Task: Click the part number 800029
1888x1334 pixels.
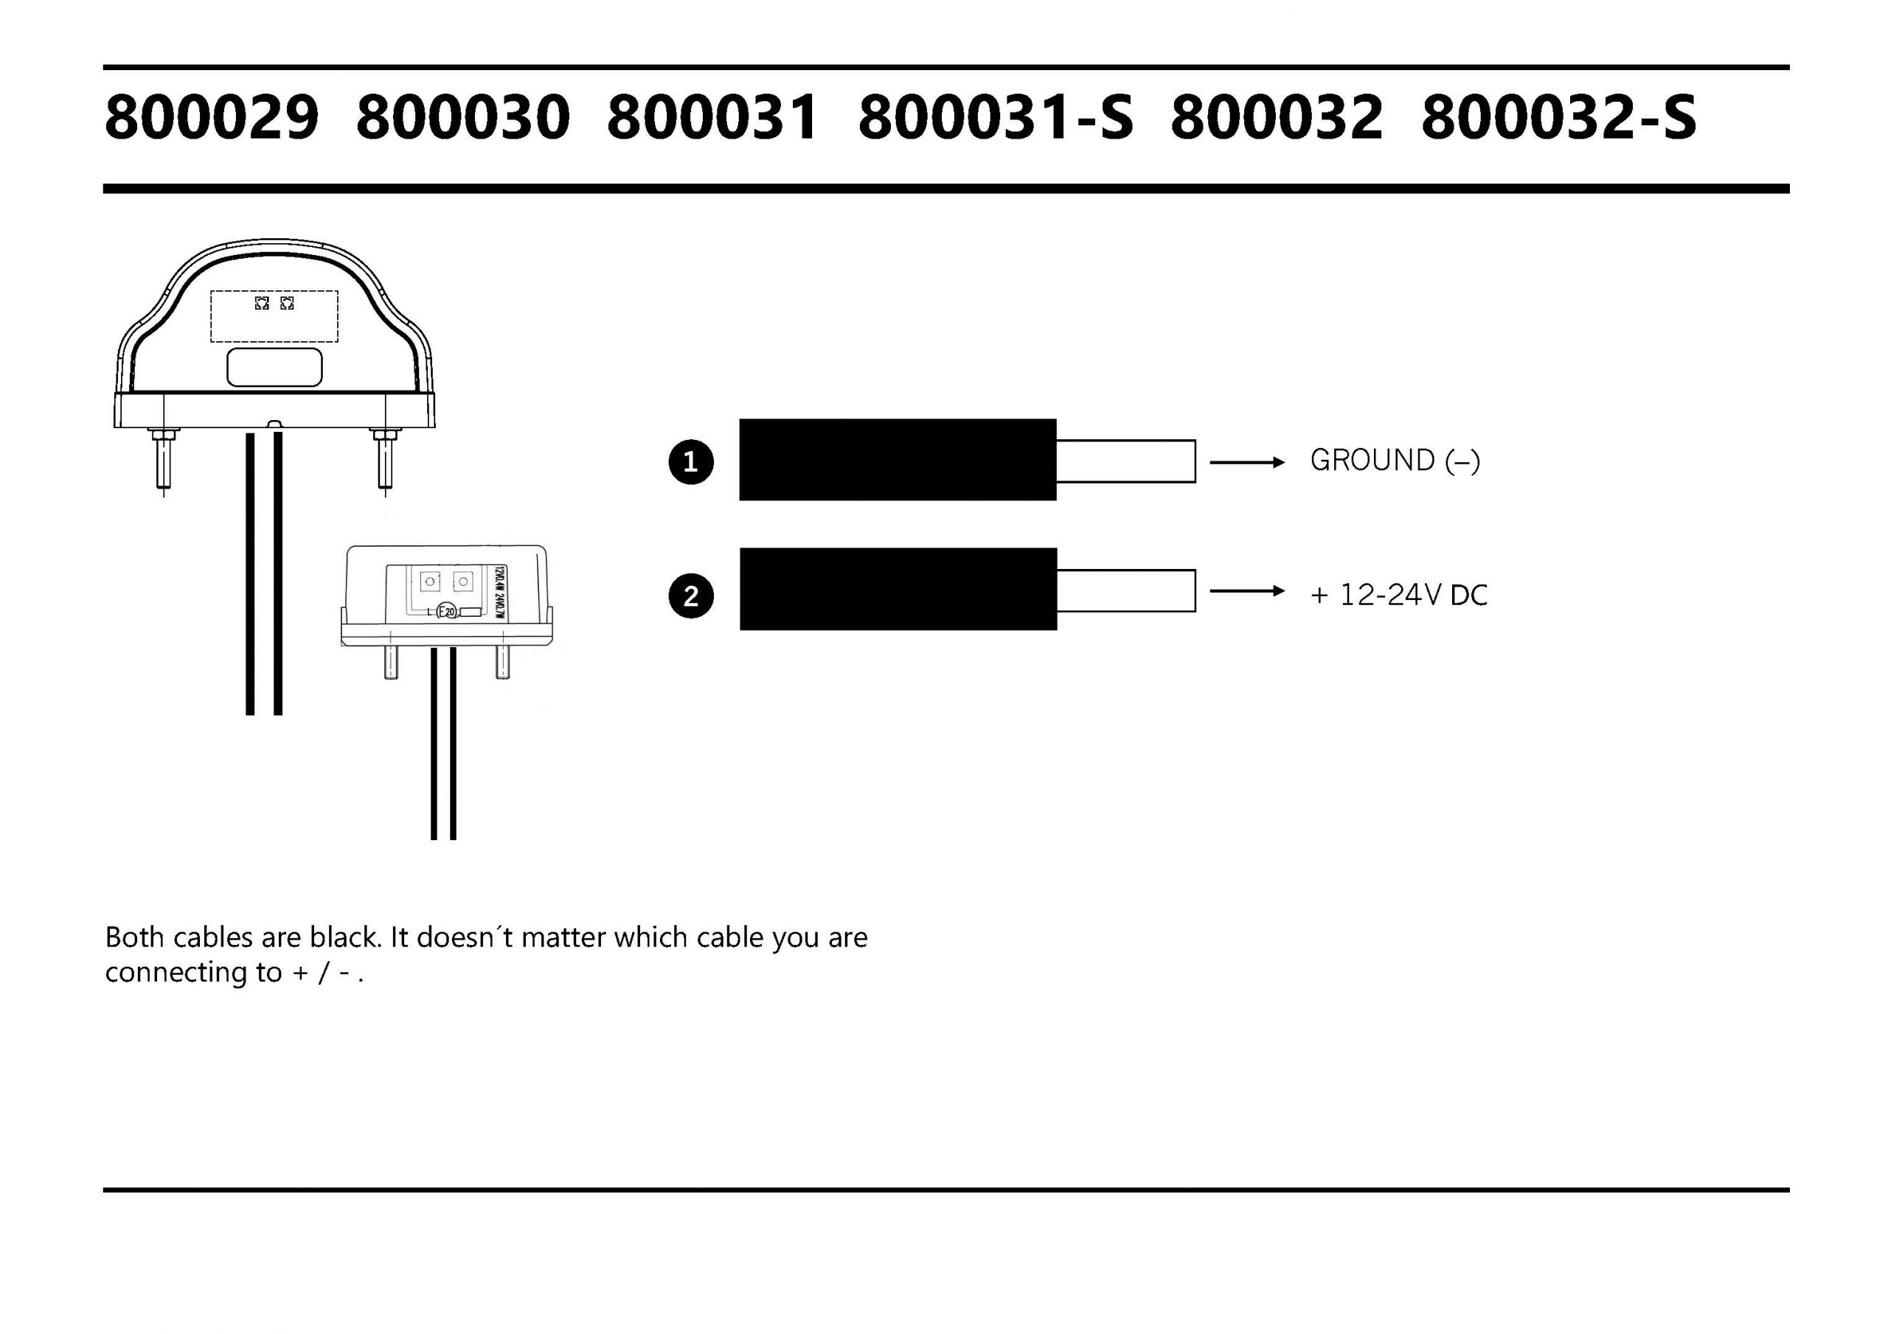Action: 212,117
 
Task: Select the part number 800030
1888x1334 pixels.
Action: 463,117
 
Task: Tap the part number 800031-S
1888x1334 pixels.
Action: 996,117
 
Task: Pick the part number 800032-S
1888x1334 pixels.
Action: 1558,117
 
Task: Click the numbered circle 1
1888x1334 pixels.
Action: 691,462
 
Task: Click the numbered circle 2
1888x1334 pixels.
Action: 691,596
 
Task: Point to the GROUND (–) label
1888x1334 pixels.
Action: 1395,461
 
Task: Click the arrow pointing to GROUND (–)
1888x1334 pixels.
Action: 1246,463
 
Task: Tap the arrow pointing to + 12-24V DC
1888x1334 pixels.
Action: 1246,591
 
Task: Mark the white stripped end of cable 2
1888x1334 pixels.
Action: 1125,590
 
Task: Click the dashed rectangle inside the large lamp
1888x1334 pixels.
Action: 274,316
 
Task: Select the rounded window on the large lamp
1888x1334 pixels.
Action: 274,366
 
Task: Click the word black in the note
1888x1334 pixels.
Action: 344,937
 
